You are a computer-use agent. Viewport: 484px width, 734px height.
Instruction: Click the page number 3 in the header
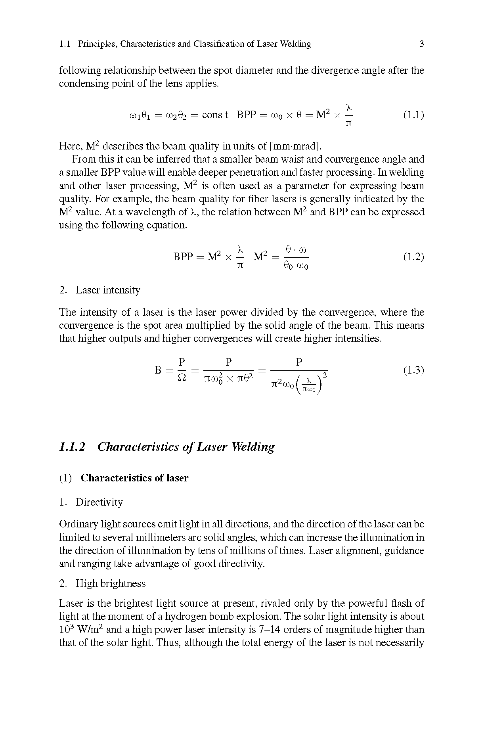(x=422, y=44)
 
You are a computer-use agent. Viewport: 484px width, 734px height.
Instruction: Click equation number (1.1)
(x=413, y=115)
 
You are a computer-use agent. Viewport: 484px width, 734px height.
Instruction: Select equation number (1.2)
(x=413, y=257)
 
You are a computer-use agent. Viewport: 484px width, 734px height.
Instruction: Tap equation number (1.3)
(x=413, y=370)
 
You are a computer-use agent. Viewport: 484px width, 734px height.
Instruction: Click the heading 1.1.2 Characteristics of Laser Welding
(x=166, y=447)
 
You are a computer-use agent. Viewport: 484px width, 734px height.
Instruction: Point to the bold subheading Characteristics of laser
(x=134, y=478)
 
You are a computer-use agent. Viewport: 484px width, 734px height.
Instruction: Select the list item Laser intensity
(x=108, y=290)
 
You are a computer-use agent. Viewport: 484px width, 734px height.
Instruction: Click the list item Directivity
(x=99, y=502)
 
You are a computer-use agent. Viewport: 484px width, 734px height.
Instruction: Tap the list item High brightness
(x=111, y=583)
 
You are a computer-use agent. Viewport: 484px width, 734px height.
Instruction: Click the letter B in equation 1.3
(x=158, y=370)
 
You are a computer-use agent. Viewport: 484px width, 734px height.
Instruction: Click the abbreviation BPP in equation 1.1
(x=246, y=115)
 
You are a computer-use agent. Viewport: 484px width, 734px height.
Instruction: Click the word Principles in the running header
(x=97, y=44)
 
